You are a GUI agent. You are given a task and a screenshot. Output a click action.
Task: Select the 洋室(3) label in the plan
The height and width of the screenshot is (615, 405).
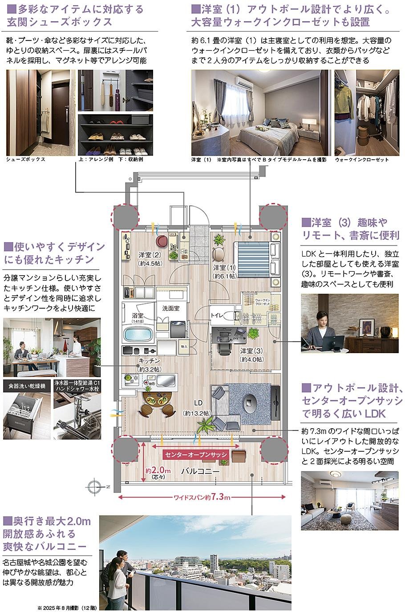251,351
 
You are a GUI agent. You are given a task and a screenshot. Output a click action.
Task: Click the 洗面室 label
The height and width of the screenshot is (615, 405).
171,307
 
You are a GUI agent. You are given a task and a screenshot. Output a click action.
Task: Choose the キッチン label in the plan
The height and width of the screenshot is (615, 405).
149,361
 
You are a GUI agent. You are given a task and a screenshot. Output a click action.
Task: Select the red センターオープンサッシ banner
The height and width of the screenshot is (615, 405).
196,454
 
